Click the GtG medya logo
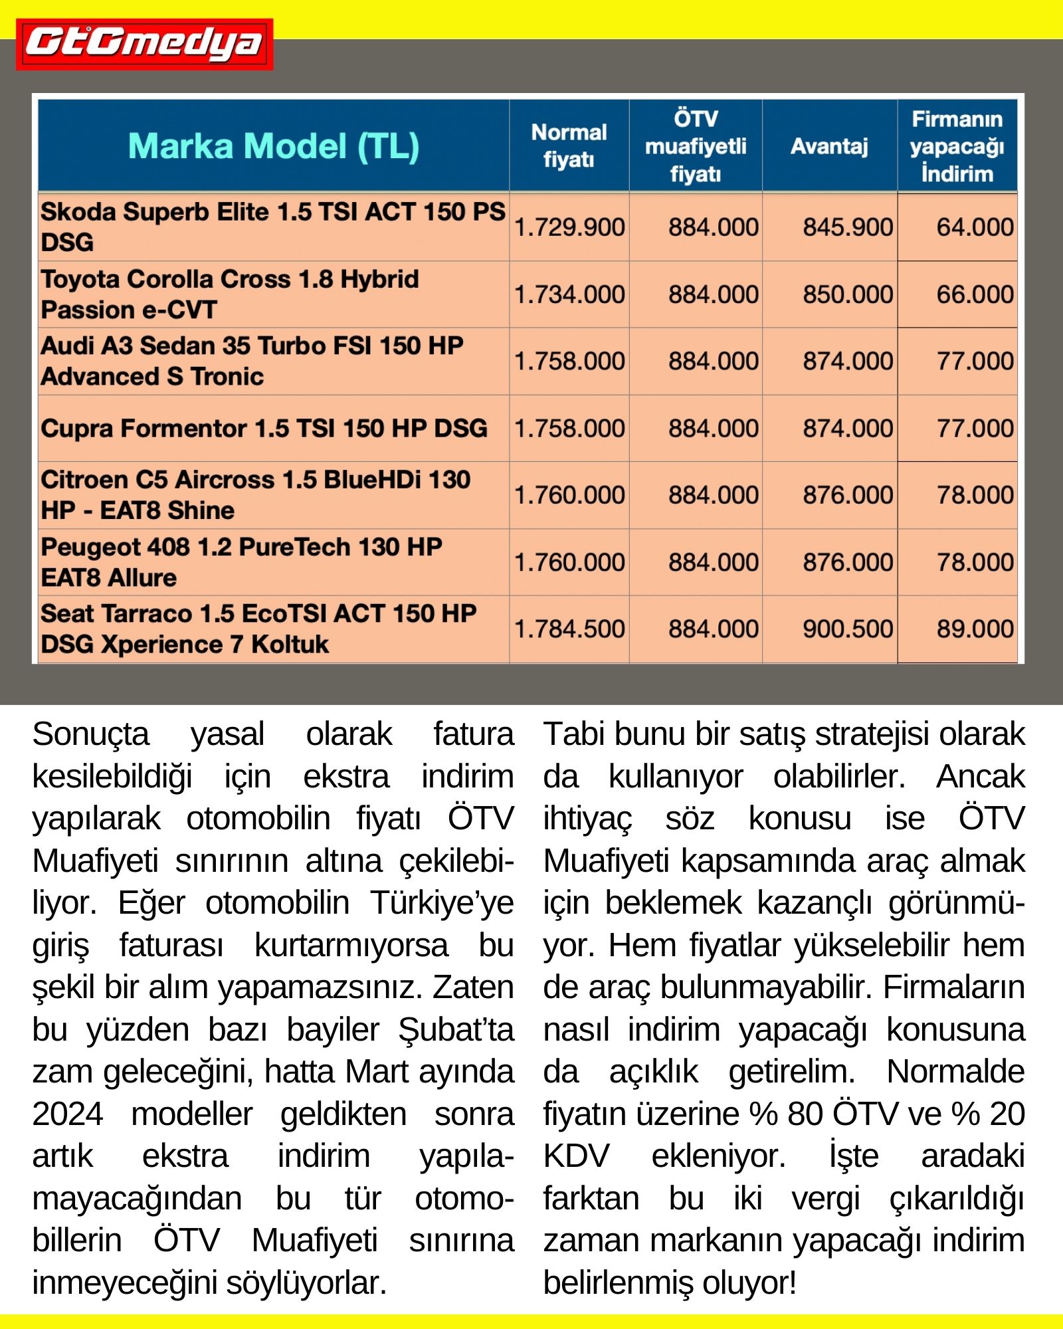144,44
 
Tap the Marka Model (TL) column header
273,146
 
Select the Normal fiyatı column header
569,146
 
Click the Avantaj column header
829,146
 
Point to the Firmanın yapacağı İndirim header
957,146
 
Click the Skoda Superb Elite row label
272,227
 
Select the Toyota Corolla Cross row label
230,294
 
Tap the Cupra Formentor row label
264,429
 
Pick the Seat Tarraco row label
258,629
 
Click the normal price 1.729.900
569,227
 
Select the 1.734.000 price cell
569,294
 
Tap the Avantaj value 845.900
848,227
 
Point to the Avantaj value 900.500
848,629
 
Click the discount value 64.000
975,227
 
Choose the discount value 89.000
975,629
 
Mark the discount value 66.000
975,294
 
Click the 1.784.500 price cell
569,629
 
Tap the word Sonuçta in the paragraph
91,735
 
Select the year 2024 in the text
68,1114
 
